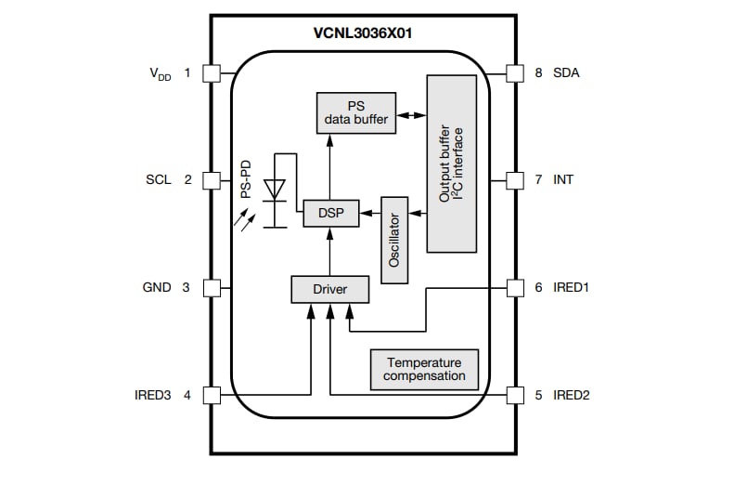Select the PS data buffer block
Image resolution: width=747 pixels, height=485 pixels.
click(x=356, y=111)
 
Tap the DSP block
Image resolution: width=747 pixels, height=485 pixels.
click(x=329, y=213)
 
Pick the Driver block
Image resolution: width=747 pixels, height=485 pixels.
click(x=329, y=289)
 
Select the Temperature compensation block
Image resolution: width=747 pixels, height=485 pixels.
click(x=424, y=369)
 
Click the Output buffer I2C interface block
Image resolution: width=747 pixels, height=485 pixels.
click(x=451, y=164)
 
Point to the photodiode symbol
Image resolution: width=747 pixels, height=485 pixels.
click(x=274, y=190)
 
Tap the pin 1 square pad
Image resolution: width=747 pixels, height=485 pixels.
click(x=211, y=72)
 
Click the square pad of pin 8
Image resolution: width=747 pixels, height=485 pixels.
click(x=515, y=72)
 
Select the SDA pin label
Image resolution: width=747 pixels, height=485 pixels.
click(x=566, y=72)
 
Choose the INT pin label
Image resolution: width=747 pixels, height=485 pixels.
click(x=563, y=179)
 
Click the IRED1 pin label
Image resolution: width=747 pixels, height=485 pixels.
click(x=571, y=287)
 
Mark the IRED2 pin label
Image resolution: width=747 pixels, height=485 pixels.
click(x=571, y=395)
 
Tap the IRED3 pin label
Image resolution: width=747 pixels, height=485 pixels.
click(x=153, y=395)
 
